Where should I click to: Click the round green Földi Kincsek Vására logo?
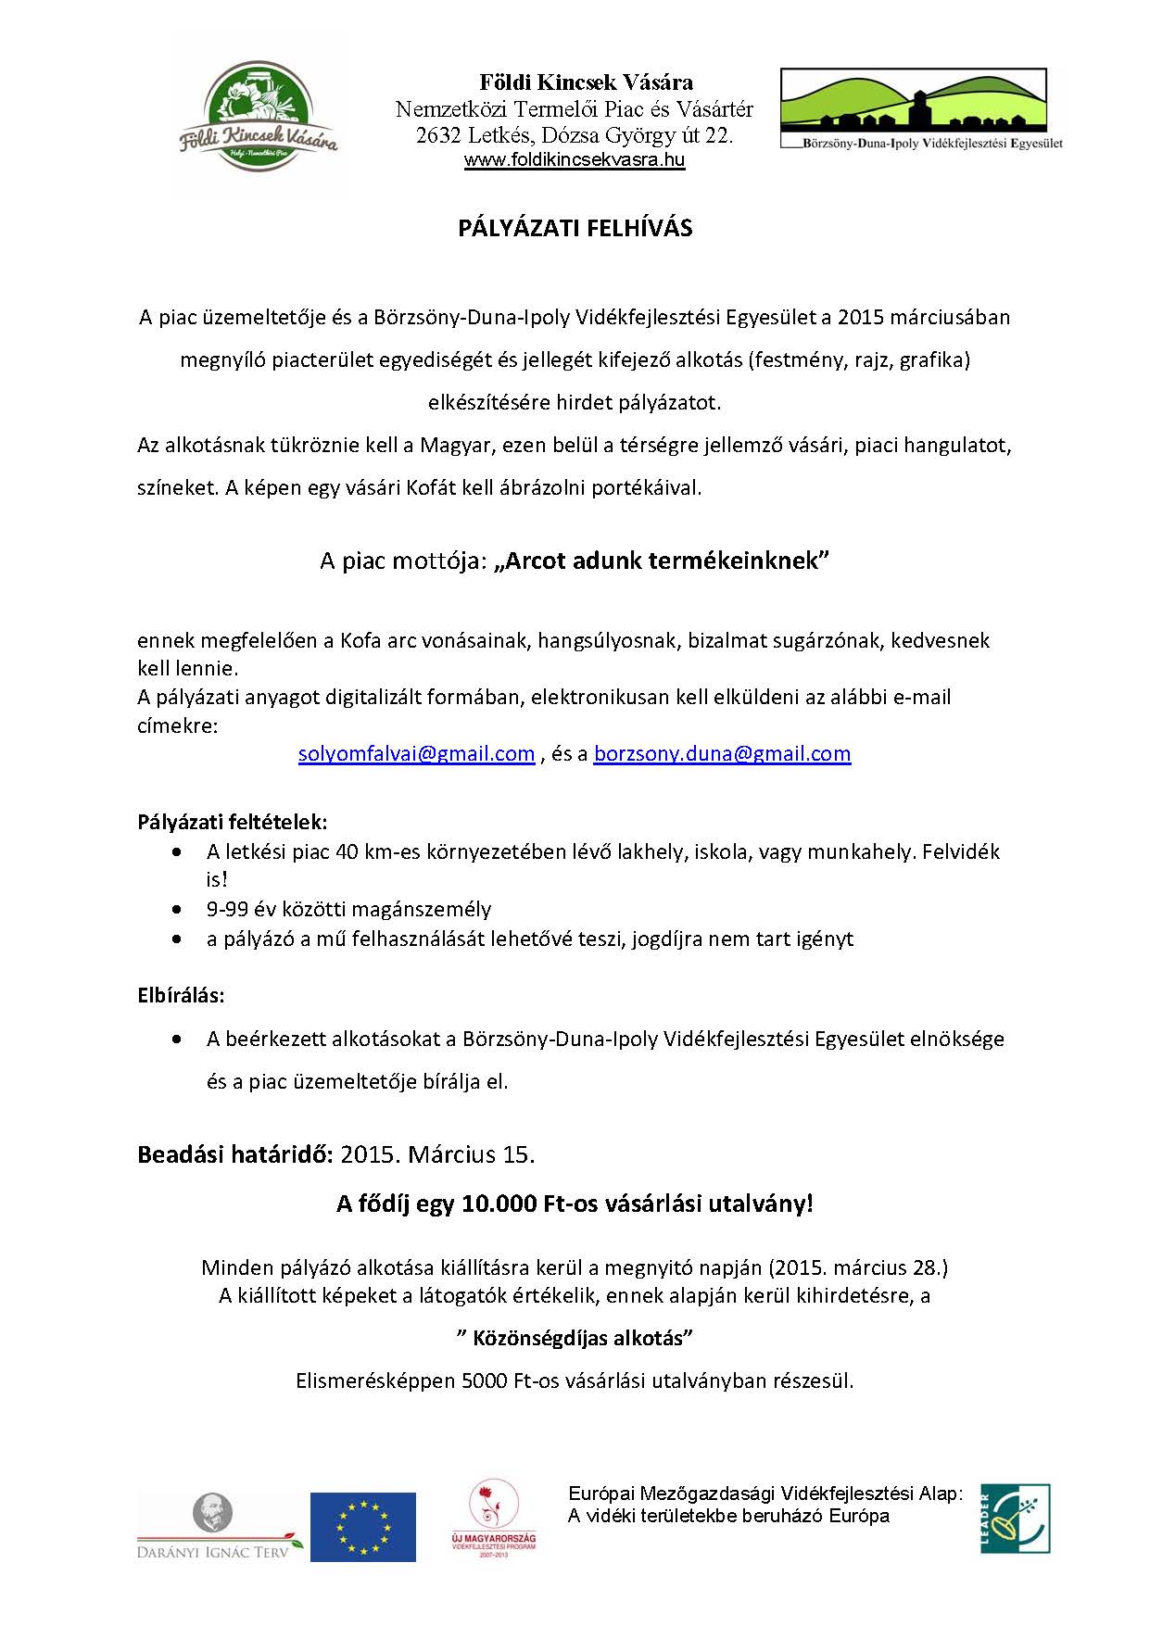(x=258, y=116)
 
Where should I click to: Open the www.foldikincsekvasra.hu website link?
(x=574, y=160)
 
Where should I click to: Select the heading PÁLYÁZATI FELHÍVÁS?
(x=575, y=229)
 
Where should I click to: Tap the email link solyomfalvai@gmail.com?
(x=416, y=754)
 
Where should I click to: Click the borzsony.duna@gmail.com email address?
(x=722, y=754)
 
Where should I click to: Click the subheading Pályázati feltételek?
(x=233, y=823)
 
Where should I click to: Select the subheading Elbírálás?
(x=181, y=996)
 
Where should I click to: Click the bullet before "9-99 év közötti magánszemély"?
(x=177, y=910)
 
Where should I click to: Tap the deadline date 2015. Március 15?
(x=437, y=1155)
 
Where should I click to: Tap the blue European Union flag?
(x=362, y=1527)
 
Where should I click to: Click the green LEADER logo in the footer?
(x=1015, y=1519)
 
